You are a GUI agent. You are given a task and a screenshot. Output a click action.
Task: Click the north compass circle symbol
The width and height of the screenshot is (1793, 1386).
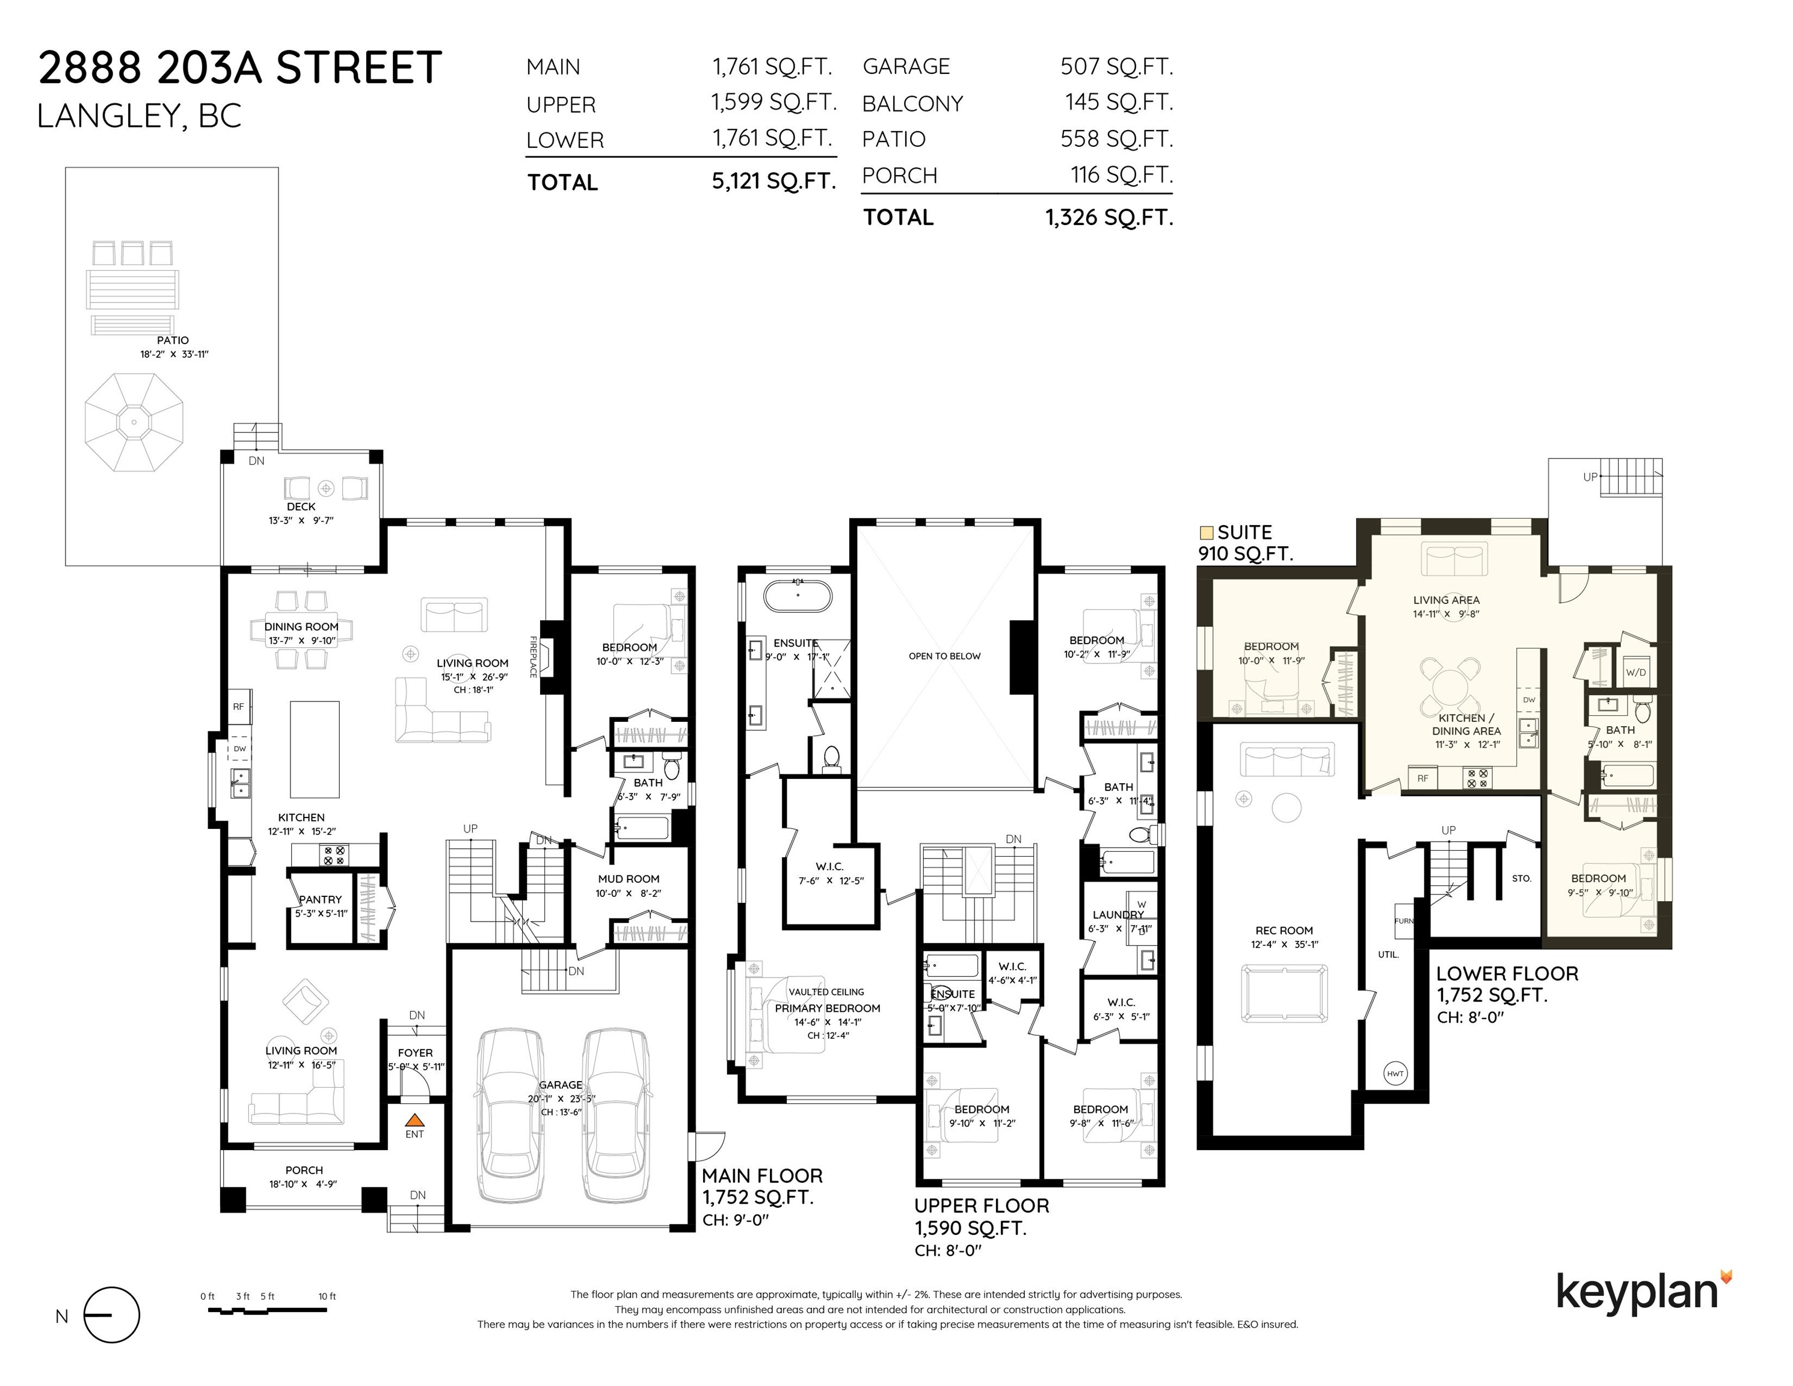click(112, 1314)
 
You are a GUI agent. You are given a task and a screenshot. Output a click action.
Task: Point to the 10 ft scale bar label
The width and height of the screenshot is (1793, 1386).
click(327, 1296)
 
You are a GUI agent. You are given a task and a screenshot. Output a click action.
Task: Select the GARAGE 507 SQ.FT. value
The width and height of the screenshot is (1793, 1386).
click(1116, 67)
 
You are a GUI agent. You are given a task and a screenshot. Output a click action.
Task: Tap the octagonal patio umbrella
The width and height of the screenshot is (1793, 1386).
click(134, 422)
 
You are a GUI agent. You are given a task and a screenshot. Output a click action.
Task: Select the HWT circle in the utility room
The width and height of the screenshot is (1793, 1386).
click(1395, 1073)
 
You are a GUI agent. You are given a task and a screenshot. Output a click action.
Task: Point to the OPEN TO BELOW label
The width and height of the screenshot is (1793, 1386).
click(944, 656)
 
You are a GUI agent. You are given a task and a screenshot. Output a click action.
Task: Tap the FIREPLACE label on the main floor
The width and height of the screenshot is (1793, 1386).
click(533, 657)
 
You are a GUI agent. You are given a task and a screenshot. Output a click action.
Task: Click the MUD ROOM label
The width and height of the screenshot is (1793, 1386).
click(629, 878)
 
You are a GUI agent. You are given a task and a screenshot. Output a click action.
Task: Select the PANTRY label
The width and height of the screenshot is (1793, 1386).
click(320, 899)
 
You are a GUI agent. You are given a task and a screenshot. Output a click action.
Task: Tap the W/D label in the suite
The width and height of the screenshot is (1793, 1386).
click(1636, 672)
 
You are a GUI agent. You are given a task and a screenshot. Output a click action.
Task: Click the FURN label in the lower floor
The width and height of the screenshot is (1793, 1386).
click(1404, 920)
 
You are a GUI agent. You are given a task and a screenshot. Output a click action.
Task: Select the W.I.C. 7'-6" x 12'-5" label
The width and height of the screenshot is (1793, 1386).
click(830, 873)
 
